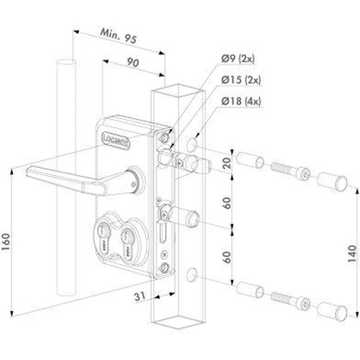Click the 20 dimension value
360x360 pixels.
click(x=229, y=161)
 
